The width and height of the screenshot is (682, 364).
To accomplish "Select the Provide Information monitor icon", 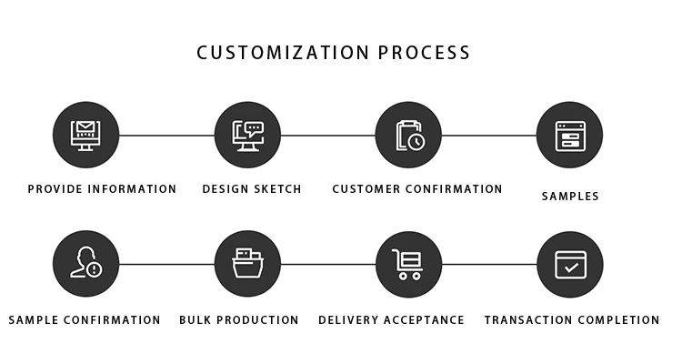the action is (86, 136).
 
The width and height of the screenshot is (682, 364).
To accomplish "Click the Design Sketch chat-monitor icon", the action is (247, 136).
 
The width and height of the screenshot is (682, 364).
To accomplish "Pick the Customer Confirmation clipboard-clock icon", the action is (408, 136).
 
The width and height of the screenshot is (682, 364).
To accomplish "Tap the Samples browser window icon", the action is (569, 136).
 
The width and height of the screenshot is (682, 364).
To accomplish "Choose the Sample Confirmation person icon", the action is (86, 264).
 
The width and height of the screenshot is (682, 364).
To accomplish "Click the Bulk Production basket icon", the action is (247, 264).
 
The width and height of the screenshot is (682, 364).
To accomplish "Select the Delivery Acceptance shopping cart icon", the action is (408, 264).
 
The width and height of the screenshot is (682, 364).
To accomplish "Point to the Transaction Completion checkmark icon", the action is (569, 264).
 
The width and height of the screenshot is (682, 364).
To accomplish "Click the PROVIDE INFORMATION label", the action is (102, 189).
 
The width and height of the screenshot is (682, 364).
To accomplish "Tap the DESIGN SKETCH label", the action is (252, 189).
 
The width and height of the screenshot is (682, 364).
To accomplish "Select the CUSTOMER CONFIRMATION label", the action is (417, 189).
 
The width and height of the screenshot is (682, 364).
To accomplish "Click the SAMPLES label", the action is (570, 196).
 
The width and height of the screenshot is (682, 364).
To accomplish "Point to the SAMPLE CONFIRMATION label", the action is (85, 319).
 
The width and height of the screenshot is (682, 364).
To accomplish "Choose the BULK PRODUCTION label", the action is (239, 319).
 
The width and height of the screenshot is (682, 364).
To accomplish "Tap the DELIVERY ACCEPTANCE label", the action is (391, 319).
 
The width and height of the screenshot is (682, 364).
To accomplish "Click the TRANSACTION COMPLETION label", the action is (572, 319).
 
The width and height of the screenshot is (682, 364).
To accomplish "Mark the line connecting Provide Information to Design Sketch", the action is (166, 136).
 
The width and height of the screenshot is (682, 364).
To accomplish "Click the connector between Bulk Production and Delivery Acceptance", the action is (327, 264).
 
